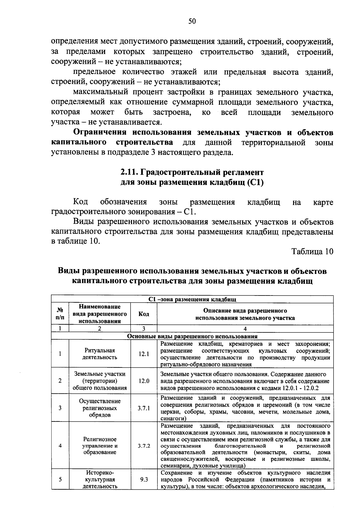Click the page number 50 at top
pyautogui.click(x=192, y=21)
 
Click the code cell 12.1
pyautogui.click(x=144, y=354)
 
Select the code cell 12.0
pyautogui.click(x=144, y=381)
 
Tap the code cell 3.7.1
pyautogui.click(x=144, y=408)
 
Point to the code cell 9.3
pyautogui.click(x=144, y=479)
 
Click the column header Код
pyautogui.click(x=144, y=314)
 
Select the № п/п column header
pyautogui.click(x=60, y=314)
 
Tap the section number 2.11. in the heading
pyautogui.click(x=130, y=172)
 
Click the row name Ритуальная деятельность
pyautogui.click(x=100, y=354)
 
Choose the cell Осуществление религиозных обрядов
pyautogui.click(x=100, y=408)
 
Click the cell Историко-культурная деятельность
pyautogui.click(x=100, y=479)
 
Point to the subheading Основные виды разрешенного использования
pyautogui.click(x=192, y=336)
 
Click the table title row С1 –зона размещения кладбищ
pyautogui.click(x=192, y=299)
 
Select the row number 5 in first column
pyautogui.click(x=60, y=479)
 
